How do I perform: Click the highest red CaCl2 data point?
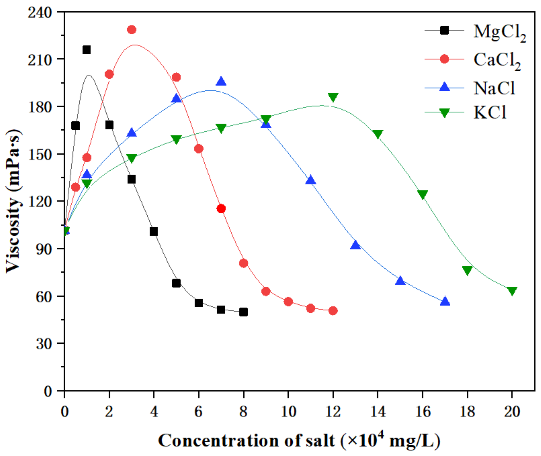click(x=132, y=30)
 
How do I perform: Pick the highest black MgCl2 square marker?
click(x=86, y=50)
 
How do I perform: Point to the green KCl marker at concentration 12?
click(x=333, y=97)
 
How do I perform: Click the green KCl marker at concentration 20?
click(x=512, y=291)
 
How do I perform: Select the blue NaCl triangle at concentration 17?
click(x=445, y=302)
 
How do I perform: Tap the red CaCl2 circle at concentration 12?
click(x=333, y=310)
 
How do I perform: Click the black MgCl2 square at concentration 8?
click(x=243, y=312)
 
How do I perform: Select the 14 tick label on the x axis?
click(x=378, y=411)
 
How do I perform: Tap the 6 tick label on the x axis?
click(x=198, y=411)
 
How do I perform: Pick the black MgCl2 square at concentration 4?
click(x=154, y=232)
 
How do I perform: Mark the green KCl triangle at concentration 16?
click(x=422, y=194)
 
